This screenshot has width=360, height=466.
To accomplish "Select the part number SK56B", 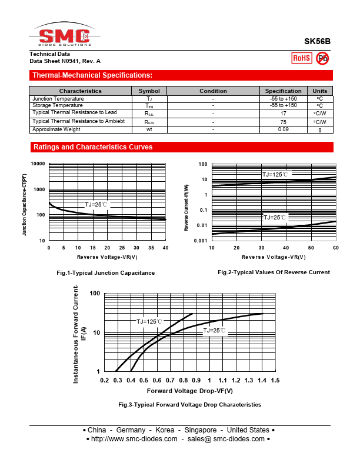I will pyautogui.click(x=317, y=42).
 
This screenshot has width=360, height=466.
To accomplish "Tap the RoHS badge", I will pyautogui.click(x=302, y=58).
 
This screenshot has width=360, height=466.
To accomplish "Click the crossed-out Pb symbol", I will pyautogui.click(x=322, y=58).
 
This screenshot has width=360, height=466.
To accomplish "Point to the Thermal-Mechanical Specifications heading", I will pyautogui.click(x=92, y=75).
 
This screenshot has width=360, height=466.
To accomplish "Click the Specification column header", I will pyautogui.click(x=283, y=91).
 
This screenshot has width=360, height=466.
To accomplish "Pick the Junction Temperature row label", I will pyautogui.click(x=58, y=99).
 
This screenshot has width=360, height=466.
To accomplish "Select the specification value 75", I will pyautogui.click(x=283, y=122).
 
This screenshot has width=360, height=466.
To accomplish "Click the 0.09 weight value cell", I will pyautogui.click(x=283, y=129).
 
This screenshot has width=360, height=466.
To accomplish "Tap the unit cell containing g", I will pyautogui.click(x=319, y=129).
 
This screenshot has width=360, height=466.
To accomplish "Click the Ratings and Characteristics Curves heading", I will pyautogui.click(x=93, y=147).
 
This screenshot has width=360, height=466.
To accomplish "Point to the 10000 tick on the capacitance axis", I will pyautogui.click(x=38, y=164).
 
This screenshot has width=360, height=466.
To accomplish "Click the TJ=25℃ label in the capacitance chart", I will pyautogui.click(x=96, y=205).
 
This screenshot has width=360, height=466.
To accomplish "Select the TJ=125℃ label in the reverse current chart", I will pyautogui.click(x=275, y=175).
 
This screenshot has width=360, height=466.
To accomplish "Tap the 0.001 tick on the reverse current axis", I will pyautogui.click(x=201, y=241).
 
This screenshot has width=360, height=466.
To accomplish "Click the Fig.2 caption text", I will pyautogui.click(x=274, y=272).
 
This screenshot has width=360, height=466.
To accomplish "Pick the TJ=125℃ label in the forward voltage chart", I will pyautogui.click(x=150, y=322).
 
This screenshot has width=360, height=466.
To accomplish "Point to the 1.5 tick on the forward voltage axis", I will pyautogui.click(x=275, y=381).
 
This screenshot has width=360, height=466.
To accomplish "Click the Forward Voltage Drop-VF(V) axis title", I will pyautogui.click(x=190, y=391).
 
